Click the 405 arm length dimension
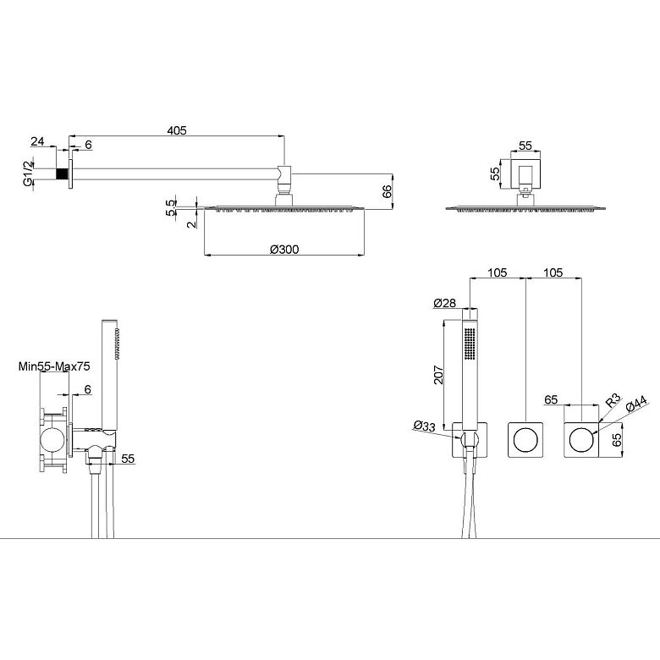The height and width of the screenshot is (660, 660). [177, 130]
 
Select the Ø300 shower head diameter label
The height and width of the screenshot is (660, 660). [284, 250]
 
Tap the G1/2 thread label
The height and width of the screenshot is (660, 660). [28, 174]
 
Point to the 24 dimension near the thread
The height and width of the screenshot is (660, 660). [37, 141]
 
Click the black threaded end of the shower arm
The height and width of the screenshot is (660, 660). [63, 174]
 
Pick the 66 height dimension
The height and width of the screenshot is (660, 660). [387, 190]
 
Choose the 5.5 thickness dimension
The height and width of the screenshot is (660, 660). [170, 208]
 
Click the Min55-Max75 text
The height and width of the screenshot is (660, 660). [54, 366]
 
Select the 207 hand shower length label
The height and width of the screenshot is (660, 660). [438, 375]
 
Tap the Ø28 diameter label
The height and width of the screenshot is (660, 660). [444, 303]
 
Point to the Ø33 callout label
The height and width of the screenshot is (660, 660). [424, 426]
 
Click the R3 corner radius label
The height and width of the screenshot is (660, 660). [613, 400]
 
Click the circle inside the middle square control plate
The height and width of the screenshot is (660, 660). [525, 440]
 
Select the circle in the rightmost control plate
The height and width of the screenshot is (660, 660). [580, 440]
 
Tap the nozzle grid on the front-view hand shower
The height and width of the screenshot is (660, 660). [470, 344]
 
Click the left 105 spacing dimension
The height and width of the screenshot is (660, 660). [498, 272]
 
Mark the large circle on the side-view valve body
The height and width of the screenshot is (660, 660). [53, 441]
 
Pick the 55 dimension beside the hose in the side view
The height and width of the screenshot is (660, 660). [128, 459]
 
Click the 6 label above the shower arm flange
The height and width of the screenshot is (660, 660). [88, 145]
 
